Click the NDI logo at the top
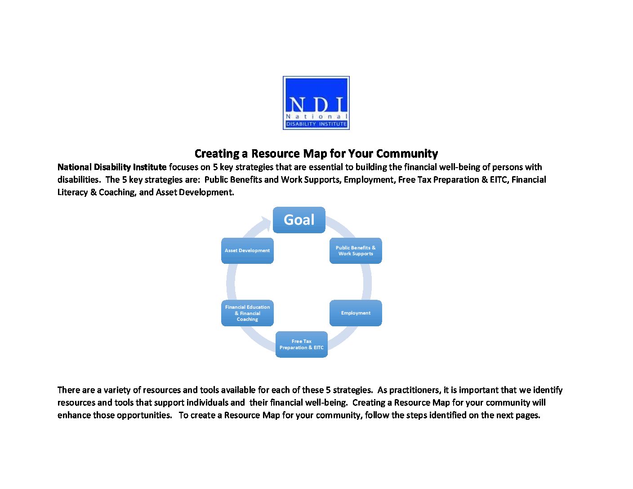coord(316,103)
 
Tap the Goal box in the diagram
coord(299,220)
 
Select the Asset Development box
coord(247,251)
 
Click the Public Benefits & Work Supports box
coord(356,251)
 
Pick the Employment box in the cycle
coord(356,313)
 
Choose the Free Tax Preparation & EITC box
coord(302,344)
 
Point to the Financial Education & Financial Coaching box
coord(247,313)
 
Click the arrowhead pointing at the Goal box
coord(267,224)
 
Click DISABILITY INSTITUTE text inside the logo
coord(316,124)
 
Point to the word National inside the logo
coord(316,116)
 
